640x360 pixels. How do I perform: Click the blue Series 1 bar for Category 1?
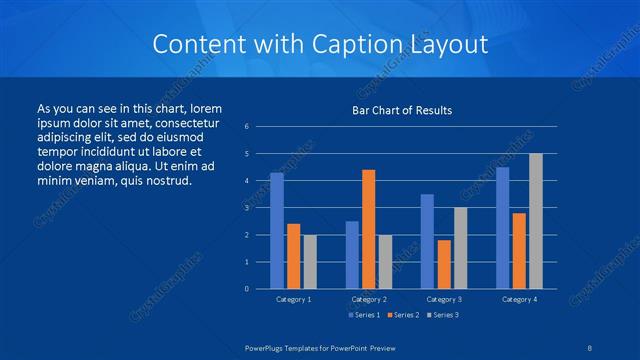tap(277, 231)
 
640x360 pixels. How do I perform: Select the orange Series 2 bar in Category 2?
tap(368, 229)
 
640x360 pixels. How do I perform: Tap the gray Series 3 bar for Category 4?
tap(536, 221)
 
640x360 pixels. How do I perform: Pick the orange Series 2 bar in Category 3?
tap(444, 264)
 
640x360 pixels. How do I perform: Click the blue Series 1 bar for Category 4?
tap(503, 228)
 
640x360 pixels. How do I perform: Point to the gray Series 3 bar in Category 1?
tap(310, 262)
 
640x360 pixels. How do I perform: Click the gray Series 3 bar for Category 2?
tap(385, 262)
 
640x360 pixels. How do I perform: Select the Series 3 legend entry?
tap(442, 315)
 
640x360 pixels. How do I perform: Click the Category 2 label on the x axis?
tap(368, 299)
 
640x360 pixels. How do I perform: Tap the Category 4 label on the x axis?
tap(519, 299)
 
